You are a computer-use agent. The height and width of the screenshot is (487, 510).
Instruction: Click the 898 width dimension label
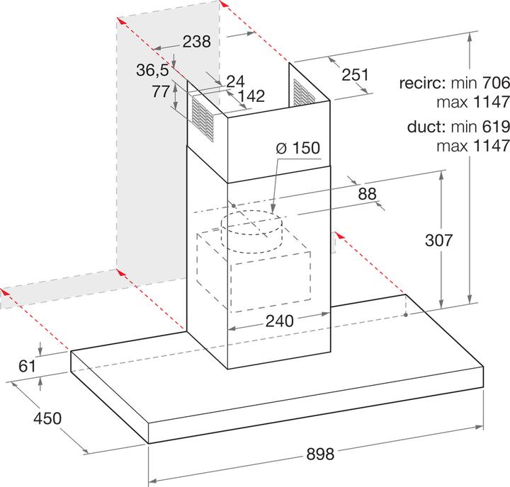(320, 454)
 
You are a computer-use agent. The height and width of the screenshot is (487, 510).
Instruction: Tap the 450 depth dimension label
(47, 418)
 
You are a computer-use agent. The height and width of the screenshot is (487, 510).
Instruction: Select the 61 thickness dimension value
(27, 366)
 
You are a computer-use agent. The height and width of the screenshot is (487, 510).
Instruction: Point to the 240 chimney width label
(279, 321)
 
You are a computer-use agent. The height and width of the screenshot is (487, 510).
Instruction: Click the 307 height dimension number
(438, 240)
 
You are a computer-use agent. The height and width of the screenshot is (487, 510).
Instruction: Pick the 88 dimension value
(367, 194)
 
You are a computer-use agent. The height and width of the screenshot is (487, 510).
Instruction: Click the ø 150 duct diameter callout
(298, 148)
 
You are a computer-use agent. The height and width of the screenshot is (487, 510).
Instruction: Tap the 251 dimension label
(355, 75)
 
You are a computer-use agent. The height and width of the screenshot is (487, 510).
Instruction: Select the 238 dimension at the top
(196, 42)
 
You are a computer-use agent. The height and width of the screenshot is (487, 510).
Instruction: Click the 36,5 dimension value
(152, 70)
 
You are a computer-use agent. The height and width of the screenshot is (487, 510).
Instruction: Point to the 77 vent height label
(161, 91)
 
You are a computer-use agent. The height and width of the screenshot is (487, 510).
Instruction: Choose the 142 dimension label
(251, 96)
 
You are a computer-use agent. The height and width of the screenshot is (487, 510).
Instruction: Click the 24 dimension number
(235, 81)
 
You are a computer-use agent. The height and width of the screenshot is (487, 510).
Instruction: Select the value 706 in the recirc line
(496, 83)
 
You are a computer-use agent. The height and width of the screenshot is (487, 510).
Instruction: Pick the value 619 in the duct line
(496, 126)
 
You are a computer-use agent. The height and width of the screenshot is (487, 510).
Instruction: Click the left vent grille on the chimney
(203, 119)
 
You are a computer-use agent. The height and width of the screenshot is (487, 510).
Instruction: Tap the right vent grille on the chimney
(304, 92)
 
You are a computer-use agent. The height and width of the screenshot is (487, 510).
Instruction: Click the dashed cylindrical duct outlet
(251, 231)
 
